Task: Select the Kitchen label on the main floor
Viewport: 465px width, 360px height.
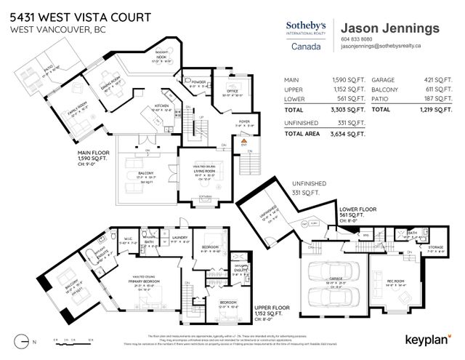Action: pyautogui.click(x=161, y=105)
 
